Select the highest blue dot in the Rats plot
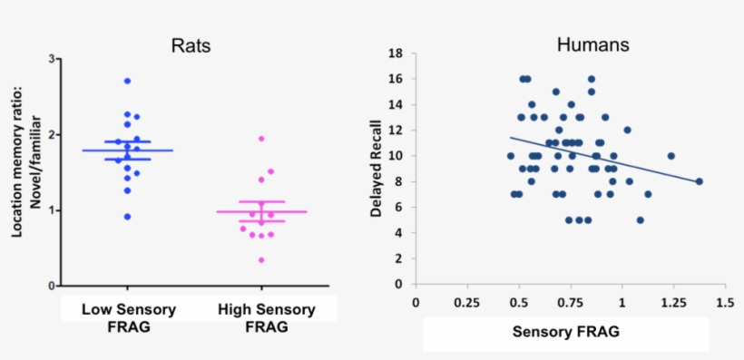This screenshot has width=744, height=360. click(x=127, y=81)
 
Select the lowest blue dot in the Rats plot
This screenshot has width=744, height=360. click(x=127, y=217)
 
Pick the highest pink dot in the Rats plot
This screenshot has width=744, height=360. click(x=261, y=139)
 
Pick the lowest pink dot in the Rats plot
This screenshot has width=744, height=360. click(x=261, y=260)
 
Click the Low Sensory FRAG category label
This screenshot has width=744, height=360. click(x=127, y=317)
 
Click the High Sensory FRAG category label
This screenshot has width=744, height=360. click(x=266, y=317)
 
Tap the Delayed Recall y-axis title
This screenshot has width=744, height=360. click(x=376, y=170)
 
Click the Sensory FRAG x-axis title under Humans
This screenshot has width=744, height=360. click(x=566, y=332)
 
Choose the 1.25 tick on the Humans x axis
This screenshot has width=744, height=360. click(x=673, y=301)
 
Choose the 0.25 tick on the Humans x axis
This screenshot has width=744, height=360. click(x=466, y=301)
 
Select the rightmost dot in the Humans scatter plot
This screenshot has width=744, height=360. click(x=700, y=181)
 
